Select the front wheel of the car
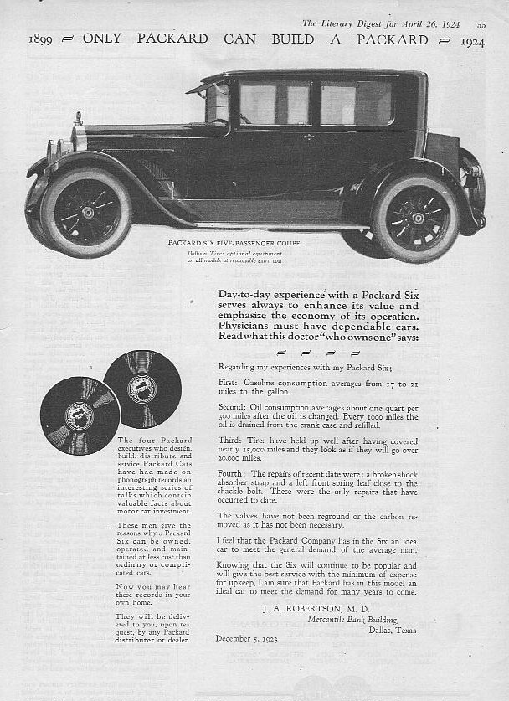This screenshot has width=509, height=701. [x=86, y=212]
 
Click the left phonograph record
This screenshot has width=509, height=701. [x=80, y=415]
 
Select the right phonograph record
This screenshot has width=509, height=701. [x=142, y=388]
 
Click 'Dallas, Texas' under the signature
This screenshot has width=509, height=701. [x=393, y=630]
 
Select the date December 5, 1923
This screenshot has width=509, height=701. [x=248, y=639]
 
